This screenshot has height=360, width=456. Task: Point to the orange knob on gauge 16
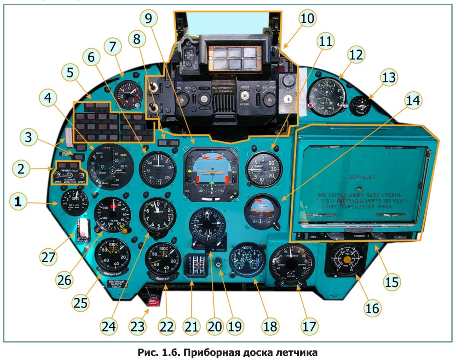pyautogui.click(x=347, y=260)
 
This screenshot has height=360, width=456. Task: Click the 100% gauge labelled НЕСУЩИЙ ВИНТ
pyautogui.click(x=112, y=256)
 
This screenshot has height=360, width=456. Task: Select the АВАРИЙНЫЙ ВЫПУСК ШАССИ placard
pyautogui.click(x=117, y=284)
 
